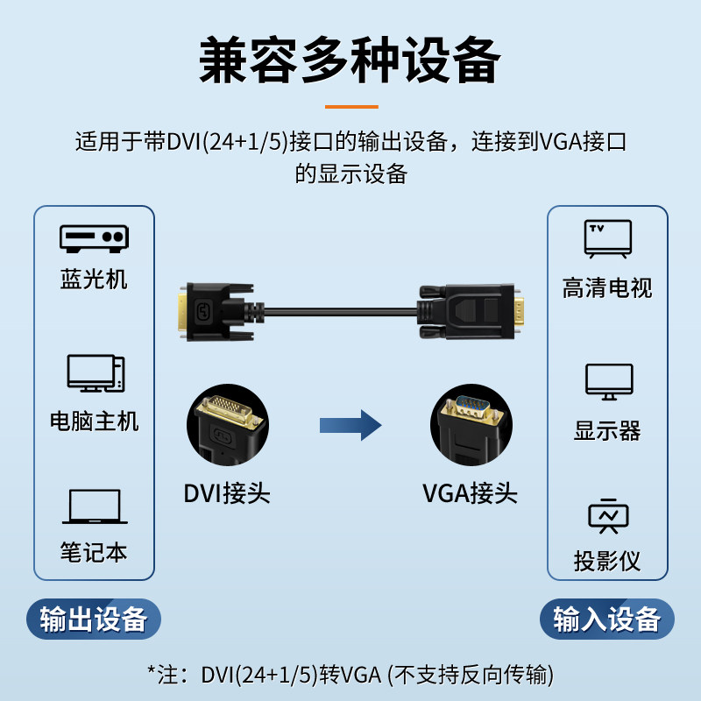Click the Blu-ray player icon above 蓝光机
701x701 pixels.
point(94,237)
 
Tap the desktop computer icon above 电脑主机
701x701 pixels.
point(95,373)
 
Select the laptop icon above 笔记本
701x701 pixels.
point(94,507)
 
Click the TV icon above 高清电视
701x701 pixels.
point(607,238)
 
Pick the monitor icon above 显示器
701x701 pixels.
point(608,381)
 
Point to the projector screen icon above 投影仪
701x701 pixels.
point(608,516)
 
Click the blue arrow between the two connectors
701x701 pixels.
point(350,426)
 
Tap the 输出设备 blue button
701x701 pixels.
point(94,620)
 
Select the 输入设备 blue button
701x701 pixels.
point(606,620)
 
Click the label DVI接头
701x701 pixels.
point(226,493)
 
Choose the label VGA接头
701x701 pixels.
point(470,493)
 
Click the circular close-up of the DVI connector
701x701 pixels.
point(225,427)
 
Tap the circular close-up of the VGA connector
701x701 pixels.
point(470,427)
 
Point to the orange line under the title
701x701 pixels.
point(350,107)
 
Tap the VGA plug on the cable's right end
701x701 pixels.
point(473,312)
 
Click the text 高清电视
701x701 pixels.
point(607,288)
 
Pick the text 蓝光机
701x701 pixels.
point(94,280)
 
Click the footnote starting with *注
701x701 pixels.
point(350,674)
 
